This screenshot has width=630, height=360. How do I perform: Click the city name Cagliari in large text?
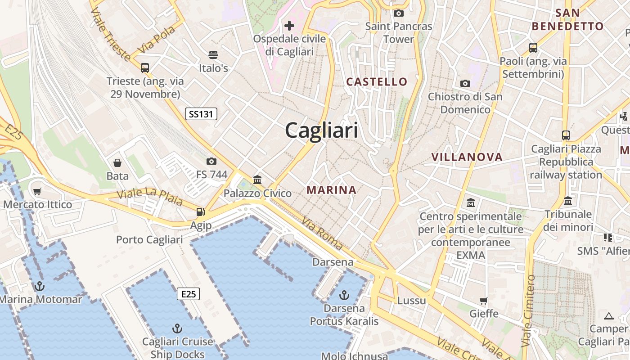click(x=321, y=130)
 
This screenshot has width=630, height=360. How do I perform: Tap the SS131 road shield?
click(x=201, y=114)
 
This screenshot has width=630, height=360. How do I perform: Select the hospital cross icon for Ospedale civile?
click(x=289, y=25)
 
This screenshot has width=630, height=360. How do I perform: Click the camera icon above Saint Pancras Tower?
click(x=398, y=13)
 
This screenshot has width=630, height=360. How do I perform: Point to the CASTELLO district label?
click(x=377, y=82)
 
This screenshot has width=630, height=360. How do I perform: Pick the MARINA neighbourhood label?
click(x=331, y=190)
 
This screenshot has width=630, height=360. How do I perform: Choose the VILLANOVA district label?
click(x=467, y=157)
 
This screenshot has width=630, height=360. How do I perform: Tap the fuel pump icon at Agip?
click(x=200, y=211)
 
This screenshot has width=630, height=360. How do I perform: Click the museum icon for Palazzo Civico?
click(x=257, y=180)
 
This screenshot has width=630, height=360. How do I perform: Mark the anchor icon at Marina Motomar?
click(x=40, y=286)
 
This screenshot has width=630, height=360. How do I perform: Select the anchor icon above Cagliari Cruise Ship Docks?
click(x=177, y=328)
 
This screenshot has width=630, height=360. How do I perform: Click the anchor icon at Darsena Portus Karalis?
click(x=344, y=295)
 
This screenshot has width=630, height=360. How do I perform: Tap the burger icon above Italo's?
click(x=213, y=55)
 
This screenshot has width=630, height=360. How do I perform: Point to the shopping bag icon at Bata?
click(x=117, y=162)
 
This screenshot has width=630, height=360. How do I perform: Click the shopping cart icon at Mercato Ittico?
click(x=37, y=191)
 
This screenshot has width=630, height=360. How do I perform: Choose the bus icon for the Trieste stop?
click(x=144, y=68)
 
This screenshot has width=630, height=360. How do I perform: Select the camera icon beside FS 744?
click(x=211, y=161)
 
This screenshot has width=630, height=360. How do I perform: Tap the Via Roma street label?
click(x=322, y=234)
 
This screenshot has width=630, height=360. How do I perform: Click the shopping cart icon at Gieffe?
click(x=484, y=300)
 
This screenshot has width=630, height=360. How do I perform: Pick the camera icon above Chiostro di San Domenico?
click(x=465, y=83)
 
